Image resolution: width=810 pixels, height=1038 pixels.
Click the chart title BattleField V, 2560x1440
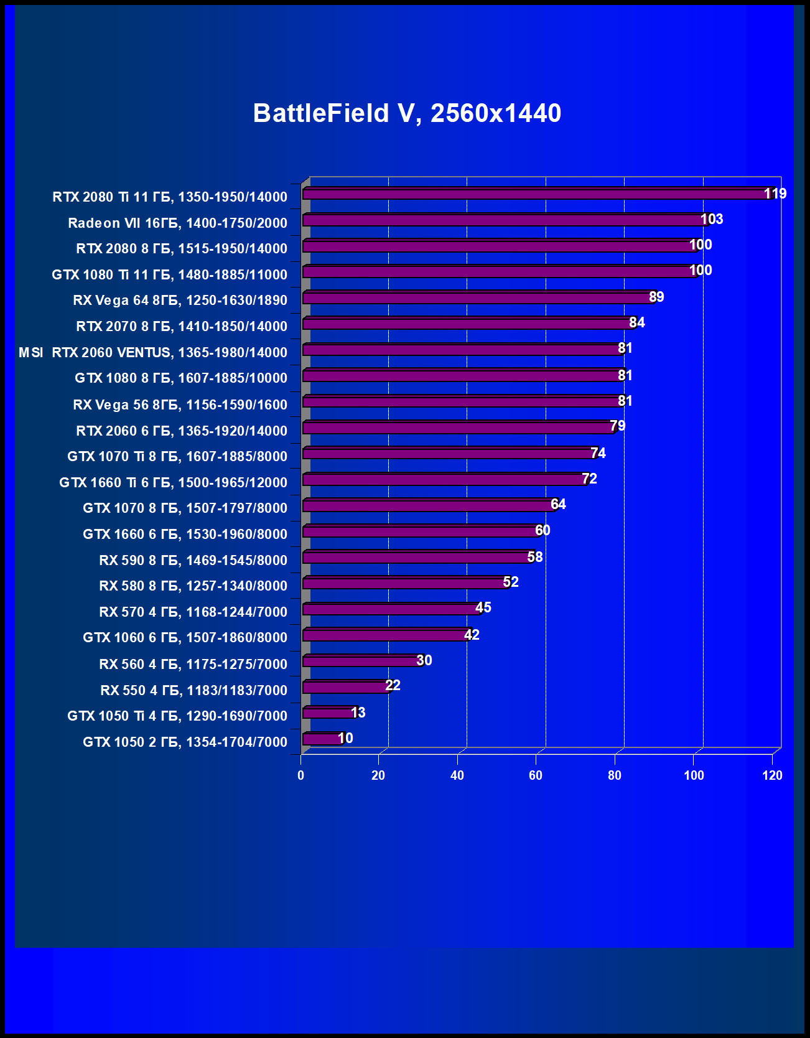pyautogui.click(x=407, y=113)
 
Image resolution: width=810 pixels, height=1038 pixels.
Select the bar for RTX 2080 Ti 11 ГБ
pyautogui.click(x=535, y=194)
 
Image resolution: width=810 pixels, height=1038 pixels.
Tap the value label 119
pyautogui.click(x=775, y=194)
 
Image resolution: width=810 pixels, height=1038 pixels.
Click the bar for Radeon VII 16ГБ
pyautogui.click(x=504, y=220)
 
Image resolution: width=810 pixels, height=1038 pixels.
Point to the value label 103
pyautogui.click(x=712, y=219)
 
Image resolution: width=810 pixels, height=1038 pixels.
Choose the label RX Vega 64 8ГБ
pyautogui.click(x=180, y=300)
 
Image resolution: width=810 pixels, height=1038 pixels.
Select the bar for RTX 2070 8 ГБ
pyautogui.click(x=467, y=324)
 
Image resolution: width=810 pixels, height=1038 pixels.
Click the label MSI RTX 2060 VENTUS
pyautogui.click(x=153, y=352)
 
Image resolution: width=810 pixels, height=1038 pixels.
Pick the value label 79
pyautogui.click(x=617, y=426)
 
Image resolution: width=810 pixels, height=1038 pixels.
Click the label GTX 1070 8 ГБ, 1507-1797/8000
pyautogui.click(x=185, y=508)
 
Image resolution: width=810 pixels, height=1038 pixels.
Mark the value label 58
pyautogui.click(x=535, y=557)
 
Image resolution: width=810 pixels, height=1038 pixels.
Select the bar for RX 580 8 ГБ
pyautogui.click(x=404, y=583)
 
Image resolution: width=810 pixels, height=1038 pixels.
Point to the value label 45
pyautogui.click(x=483, y=607)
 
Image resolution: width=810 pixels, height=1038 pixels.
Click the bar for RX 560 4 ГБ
pyautogui.click(x=361, y=661)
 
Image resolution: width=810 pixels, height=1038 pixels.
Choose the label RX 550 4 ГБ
pyautogui.click(x=193, y=690)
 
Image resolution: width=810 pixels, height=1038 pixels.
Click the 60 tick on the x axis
pyautogui.click(x=536, y=775)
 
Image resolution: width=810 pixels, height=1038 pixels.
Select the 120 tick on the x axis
pyautogui.click(x=773, y=775)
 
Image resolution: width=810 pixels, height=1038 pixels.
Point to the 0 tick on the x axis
pyautogui.click(x=301, y=775)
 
